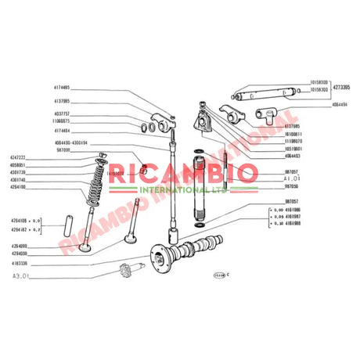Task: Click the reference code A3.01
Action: [x=20, y=276]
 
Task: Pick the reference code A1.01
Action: [x=292, y=178]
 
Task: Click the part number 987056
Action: [x=293, y=186]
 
